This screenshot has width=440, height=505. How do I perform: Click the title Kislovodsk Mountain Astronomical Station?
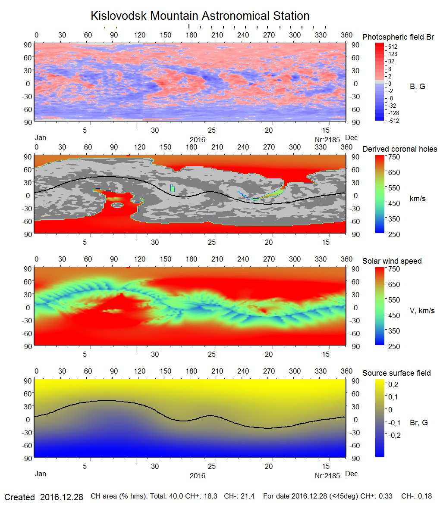click(200, 16)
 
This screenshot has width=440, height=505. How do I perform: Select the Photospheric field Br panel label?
click(398, 37)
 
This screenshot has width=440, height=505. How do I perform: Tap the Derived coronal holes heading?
click(399, 149)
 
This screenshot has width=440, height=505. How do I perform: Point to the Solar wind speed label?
click(392, 262)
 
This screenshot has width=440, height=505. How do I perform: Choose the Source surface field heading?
click(396, 373)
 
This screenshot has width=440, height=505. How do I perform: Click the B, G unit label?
click(417, 87)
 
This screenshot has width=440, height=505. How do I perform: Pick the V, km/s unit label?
click(421, 311)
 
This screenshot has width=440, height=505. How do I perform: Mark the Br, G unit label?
click(418, 423)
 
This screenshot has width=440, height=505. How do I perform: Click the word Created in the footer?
click(19, 497)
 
